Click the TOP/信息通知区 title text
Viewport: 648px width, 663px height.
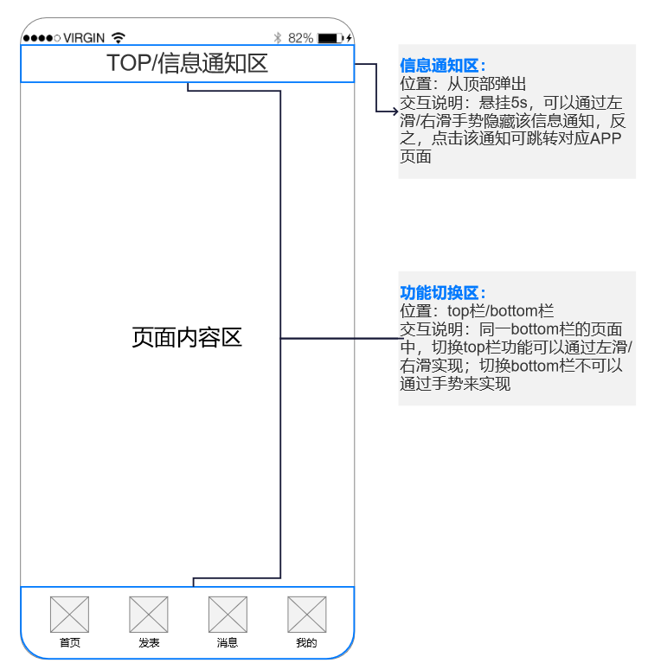tap(187, 63)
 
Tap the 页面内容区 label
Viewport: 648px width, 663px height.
tap(187, 338)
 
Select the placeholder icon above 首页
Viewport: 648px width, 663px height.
tap(69, 615)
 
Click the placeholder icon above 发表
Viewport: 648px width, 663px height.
tap(149, 615)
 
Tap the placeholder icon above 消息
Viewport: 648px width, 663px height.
tap(228, 615)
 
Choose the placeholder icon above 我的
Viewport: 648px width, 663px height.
tap(306, 615)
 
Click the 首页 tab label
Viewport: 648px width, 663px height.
tap(69, 643)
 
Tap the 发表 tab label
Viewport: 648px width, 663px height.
tap(149, 643)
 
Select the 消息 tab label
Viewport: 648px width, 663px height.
tap(228, 643)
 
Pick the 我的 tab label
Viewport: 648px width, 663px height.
tap(306, 643)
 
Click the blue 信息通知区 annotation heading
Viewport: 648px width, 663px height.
tap(442, 66)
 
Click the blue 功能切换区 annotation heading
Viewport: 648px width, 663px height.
tap(442, 293)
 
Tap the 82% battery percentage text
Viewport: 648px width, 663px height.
tap(300, 38)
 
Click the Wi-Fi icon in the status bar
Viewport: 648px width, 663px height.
tap(119, 38)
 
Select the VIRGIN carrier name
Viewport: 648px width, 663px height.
tap(84, 38)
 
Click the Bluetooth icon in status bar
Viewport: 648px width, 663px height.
tap(278, 38)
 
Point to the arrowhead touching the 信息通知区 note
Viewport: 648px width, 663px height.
tap(394, 112)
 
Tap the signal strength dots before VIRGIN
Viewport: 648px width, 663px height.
tap(42, 38)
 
